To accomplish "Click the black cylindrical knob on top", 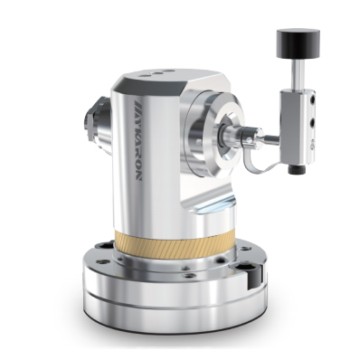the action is [x=298, y=43].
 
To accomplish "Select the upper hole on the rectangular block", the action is [x=313, y=99].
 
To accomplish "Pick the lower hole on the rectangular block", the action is [x=312, y=122].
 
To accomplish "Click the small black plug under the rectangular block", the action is [x=292, y=170].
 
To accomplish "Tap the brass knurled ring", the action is [x=175, y=243].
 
